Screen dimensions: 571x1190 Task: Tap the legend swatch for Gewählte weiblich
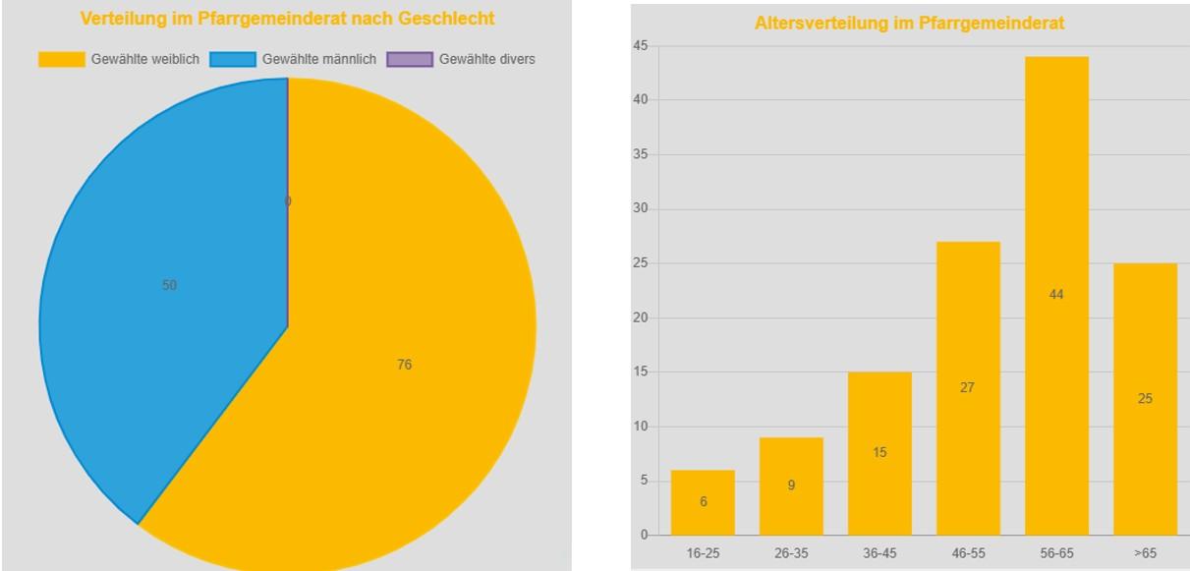point(62,60)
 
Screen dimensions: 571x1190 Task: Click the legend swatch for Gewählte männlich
point(232,60)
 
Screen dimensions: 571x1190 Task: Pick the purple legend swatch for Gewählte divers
point(410,60)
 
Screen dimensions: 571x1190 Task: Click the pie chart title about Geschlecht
point(287,19)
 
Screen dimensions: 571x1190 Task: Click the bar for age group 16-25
point(703,502)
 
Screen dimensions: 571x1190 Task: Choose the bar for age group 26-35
point(791,485)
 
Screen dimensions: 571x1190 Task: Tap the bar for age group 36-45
point(879,453)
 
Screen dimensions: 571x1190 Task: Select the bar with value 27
point(968,388)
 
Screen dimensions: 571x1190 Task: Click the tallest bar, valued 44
point(1056,295)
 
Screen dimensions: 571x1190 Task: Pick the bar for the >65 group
point(1145,399)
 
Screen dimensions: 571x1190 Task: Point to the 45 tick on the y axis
point(640,45)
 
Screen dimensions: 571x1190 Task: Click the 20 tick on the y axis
point(640,317)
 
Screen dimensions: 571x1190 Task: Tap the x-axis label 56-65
point(1056,553)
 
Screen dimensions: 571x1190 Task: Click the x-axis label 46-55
point(968,553)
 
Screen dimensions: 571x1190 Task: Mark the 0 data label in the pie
point(288,201)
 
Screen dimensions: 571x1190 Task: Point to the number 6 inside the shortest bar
point(703,502)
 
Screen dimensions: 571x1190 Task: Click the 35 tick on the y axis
point(640,154)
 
